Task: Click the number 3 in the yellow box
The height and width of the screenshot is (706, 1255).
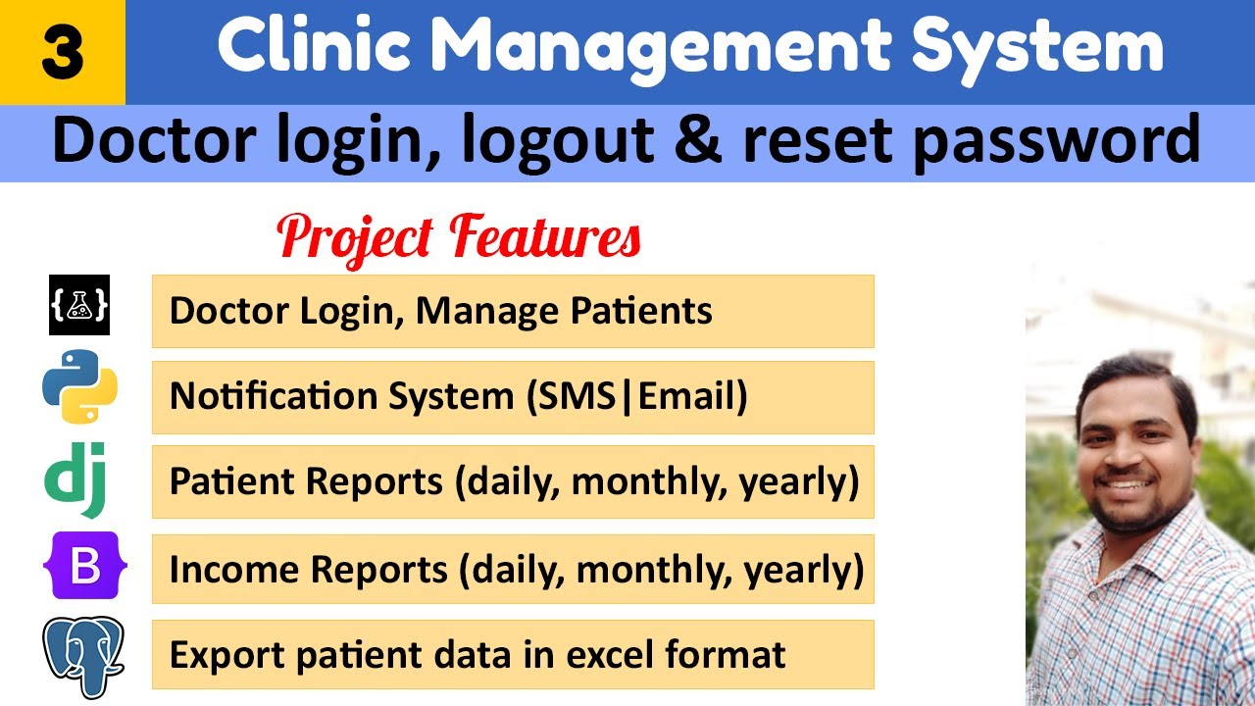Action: click(x=62, y=53)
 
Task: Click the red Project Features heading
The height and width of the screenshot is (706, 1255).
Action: click(x=459, y=238)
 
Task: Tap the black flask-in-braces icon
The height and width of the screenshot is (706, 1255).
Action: click(x=79, y=306)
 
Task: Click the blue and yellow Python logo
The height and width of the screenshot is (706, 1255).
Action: click(x=79, y=392)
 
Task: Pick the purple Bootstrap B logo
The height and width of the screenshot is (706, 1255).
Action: click(x=79, y=567)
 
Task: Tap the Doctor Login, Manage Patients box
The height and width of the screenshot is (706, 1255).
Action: click(x=512, y=311)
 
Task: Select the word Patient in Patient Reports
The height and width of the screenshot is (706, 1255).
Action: click(x=233, y=481)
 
